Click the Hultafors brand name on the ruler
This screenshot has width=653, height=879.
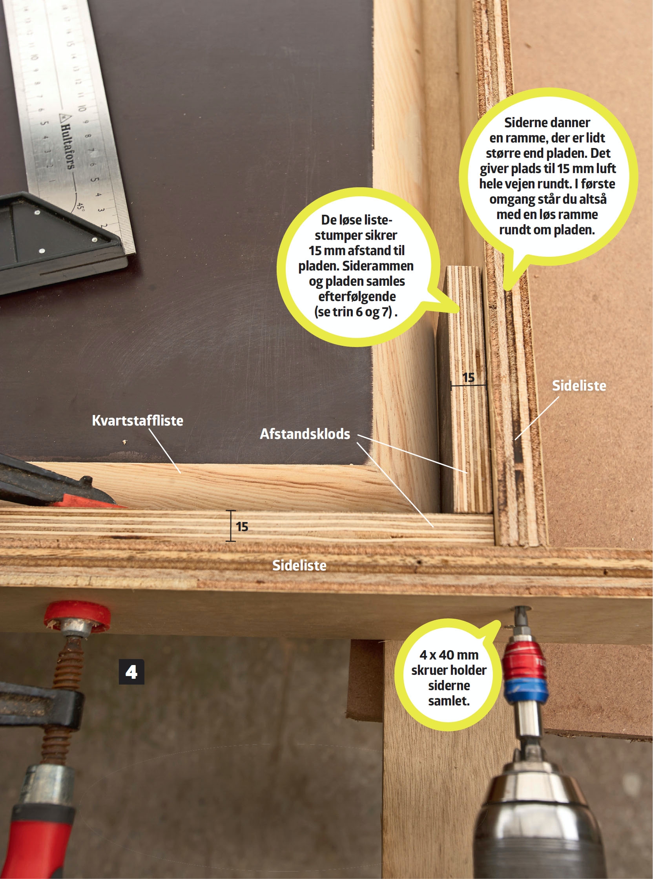[66, 143]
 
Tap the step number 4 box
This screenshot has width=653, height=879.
[131, 671]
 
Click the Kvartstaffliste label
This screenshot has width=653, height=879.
[138, 420]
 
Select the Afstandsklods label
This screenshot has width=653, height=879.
[305, 434]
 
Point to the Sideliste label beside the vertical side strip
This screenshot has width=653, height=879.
[579, 386]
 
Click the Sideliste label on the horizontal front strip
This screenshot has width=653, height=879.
[299, 565]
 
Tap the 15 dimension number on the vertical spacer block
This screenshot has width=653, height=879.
[469, 378]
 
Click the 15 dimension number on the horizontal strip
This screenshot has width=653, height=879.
[242, 527]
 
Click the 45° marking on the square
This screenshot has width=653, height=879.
[80, 207]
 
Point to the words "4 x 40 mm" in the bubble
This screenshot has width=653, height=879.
[449, 655]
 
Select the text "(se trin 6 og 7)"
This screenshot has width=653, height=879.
[356, 312]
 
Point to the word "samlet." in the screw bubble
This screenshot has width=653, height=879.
[449, 701]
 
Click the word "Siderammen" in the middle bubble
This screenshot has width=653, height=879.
[378, 266]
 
